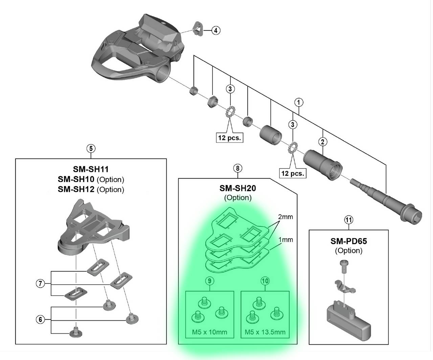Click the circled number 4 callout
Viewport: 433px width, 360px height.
pos(216,30)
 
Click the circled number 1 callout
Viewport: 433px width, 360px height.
pos(299,102)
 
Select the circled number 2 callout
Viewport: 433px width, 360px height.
pos(323,142)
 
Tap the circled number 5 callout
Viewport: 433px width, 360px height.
pos(91,148)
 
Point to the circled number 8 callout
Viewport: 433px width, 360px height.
pos(238,168)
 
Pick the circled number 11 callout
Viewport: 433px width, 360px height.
pos(348,220)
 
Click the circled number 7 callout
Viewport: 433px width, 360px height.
pos(41,284)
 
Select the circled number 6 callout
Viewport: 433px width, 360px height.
pos(41,319)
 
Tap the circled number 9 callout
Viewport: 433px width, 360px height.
pos(209,280)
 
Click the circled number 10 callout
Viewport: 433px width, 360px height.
pos(265,280)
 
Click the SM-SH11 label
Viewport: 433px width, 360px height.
pos(91,169)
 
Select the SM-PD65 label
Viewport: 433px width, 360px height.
pos(348,241)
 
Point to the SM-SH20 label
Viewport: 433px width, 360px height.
pos(238,188)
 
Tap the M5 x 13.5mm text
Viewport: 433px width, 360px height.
pos(265,332)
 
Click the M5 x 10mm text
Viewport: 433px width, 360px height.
pos(209,332)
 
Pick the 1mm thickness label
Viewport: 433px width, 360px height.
pos(286,240)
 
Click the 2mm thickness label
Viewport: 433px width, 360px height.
pos(286,217)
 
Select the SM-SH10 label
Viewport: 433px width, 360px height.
pos(76,179)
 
